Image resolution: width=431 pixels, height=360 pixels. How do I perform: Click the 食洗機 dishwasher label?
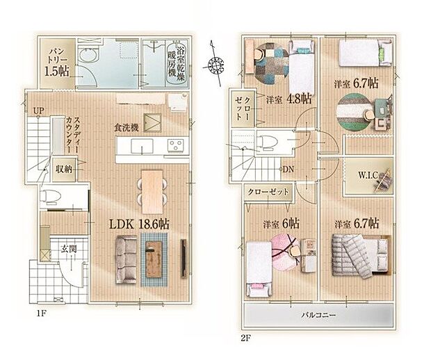(x=128, y=127)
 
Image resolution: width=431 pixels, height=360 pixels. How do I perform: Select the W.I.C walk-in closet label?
(x=370, y=174)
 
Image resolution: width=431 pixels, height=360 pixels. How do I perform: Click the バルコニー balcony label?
(x=320, y=315)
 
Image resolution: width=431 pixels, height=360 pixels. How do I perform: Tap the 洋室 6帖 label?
(x=282, y=224)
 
